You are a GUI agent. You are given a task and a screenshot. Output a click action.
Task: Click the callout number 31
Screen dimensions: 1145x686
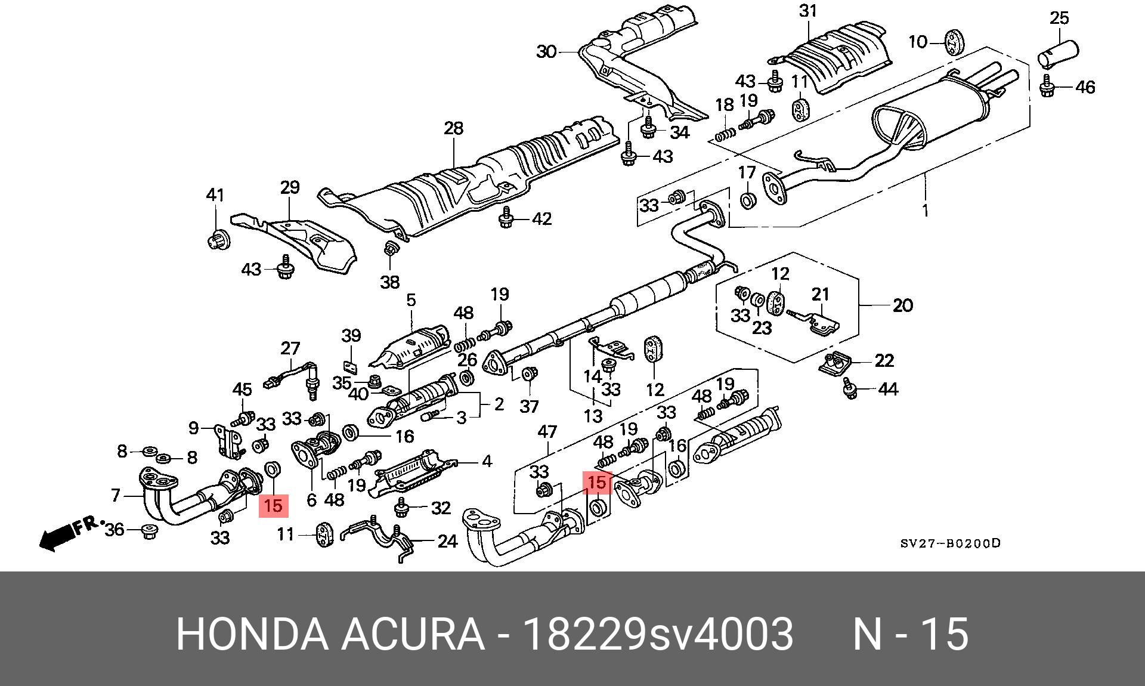807,11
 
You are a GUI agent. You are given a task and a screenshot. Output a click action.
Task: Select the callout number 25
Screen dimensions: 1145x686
1059,18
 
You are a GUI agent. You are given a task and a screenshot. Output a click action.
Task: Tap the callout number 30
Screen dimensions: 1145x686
546,52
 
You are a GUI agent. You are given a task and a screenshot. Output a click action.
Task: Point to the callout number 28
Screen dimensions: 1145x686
453,128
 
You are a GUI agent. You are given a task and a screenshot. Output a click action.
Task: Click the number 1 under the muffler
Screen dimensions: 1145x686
925,211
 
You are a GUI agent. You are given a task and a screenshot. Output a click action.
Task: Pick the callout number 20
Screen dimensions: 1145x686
903,305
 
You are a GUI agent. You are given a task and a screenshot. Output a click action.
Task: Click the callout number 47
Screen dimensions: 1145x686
547,432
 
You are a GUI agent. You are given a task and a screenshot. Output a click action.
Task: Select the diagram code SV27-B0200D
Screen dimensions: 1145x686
950,543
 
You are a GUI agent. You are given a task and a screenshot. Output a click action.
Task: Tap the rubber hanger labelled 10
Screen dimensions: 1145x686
955,42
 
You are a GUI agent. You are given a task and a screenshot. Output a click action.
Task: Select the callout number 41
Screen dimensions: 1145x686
215,195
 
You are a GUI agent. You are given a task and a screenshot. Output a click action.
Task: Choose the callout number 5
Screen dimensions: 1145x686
411,299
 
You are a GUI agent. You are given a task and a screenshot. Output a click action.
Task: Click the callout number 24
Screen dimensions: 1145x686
447,541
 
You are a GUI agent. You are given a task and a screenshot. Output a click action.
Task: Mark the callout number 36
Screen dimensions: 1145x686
114,529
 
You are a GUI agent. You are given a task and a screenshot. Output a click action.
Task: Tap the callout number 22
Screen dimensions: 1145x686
884,360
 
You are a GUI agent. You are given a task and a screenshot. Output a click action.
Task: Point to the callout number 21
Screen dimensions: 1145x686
821,294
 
